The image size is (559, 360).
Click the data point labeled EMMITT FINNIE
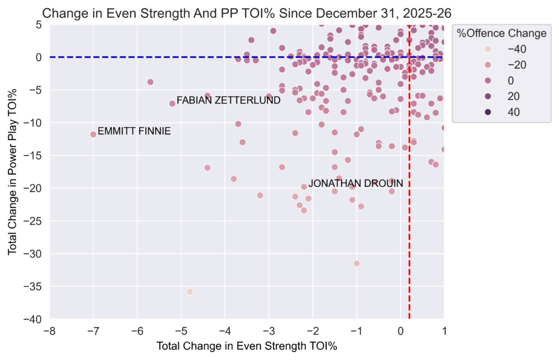coord(93,134)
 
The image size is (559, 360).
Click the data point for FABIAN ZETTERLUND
coord(173,103)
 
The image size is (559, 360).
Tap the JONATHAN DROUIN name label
coord(355,184)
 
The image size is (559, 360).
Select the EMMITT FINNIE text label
coord(134,131)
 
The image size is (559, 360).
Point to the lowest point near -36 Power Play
coord(190,291)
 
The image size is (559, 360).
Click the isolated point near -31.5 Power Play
coord(356,263)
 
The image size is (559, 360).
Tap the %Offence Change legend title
coord(502,33)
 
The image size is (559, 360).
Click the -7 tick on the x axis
coord(93,331)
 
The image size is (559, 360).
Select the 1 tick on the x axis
coord(444,331)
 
